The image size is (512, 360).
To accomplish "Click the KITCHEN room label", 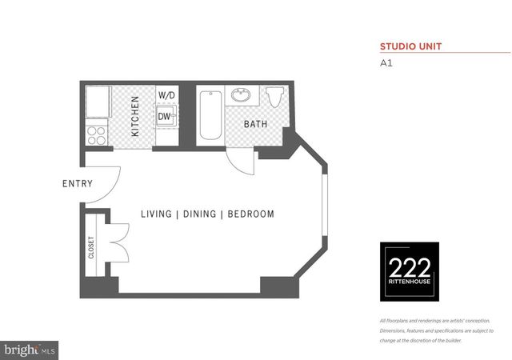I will (x=135, y=116).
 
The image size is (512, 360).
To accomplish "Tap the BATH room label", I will (x=255, y=124).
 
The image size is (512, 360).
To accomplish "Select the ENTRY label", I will (x=77, y=184).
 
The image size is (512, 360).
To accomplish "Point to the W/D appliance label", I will (x=166, y=95).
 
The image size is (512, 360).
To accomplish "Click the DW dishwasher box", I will (x=165, y=117).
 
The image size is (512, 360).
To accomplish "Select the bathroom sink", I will (x=240, y=97).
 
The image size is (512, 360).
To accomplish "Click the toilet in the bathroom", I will (x=274, y=97).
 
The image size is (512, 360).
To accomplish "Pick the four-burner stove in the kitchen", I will (x=97, y=134).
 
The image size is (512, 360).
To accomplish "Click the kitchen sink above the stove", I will (x=98, y=102).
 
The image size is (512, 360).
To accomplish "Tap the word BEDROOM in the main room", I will (x=251, y=214).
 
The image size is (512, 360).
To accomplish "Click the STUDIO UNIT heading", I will (x=410, y=46).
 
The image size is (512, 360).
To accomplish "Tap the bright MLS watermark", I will (x=30, y=349).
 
